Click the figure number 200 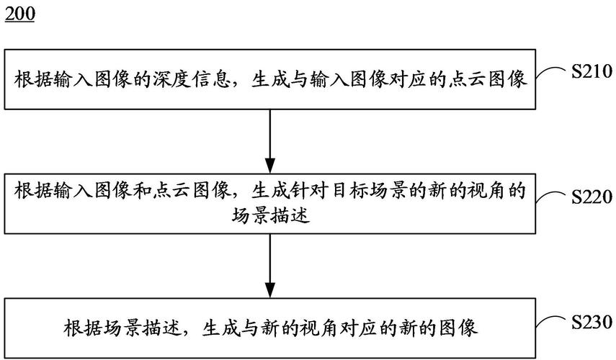[20, 14]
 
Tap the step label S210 [592, 71]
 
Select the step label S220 [592, 197]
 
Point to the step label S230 [592, 321]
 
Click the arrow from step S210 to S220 [270, 141]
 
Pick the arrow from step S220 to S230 [270, 266]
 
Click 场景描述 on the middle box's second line [270, 215]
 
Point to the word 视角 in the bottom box [318, 328]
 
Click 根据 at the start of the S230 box [83, 328]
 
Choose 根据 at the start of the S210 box [33, 79]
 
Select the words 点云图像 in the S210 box [486, 79]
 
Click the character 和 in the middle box [141, 191]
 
